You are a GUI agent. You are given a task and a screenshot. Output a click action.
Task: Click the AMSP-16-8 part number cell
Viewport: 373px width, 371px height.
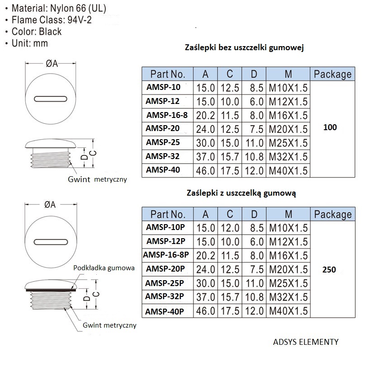tap(167, 115)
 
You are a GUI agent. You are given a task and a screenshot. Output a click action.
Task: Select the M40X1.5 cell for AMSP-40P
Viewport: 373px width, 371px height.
tap(288, 311)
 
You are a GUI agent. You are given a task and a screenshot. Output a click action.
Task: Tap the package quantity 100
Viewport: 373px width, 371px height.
tap(330, 127)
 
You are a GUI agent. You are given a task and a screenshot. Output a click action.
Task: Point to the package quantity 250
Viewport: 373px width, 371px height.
tap(329, 269)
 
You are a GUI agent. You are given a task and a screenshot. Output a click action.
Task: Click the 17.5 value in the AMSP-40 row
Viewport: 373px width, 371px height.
tap(230, 171)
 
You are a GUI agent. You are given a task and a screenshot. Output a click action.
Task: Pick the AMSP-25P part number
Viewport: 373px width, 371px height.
tap(165, 283)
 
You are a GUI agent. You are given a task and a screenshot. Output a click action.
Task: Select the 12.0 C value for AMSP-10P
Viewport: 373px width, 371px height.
tap(230, 228)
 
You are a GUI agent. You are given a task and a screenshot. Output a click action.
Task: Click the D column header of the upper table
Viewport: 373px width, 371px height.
tap(254, 74)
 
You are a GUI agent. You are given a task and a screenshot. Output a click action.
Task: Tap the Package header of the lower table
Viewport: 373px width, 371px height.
tap(333, 214)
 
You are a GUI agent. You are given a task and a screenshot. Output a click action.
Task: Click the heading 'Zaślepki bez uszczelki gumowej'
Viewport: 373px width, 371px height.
tap(244, 47)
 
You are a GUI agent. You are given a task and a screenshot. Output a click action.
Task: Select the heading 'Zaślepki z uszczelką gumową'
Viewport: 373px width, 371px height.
tap(241, 193)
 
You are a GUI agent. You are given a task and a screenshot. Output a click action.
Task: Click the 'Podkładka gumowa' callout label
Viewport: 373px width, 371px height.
tap(104, 268)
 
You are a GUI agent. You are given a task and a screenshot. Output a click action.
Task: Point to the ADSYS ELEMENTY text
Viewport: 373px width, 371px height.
tap(306, 342)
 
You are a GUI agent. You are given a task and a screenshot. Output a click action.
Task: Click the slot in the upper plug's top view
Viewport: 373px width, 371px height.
tap(51, 99)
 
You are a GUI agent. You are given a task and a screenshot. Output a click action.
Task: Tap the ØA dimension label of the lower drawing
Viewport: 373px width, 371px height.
tap(50, 205)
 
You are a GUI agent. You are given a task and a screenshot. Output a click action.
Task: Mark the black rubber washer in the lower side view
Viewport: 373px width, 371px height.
tap(51, 290)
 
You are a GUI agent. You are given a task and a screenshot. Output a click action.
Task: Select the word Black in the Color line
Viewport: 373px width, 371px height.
tap(50, 31)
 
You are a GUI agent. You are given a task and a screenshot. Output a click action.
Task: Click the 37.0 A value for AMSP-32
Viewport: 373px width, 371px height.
tap(205, 157)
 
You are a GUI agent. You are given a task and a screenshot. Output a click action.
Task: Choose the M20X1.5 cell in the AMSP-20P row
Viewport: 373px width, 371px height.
tap(288, 269)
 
